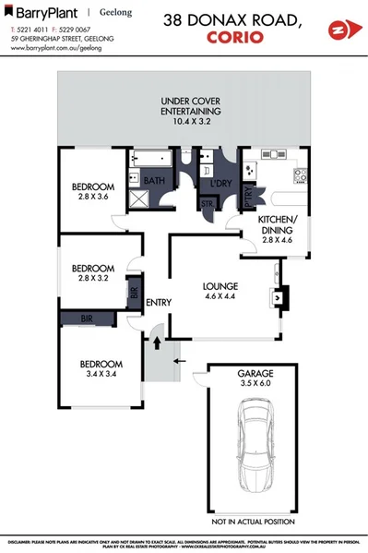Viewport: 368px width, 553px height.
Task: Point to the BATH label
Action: [x=153, y=181]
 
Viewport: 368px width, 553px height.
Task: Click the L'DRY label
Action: [x=220, y=184]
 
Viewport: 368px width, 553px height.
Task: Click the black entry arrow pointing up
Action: [x=156, y=343]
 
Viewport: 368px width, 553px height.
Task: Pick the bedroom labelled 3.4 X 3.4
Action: [x=96, y=369]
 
